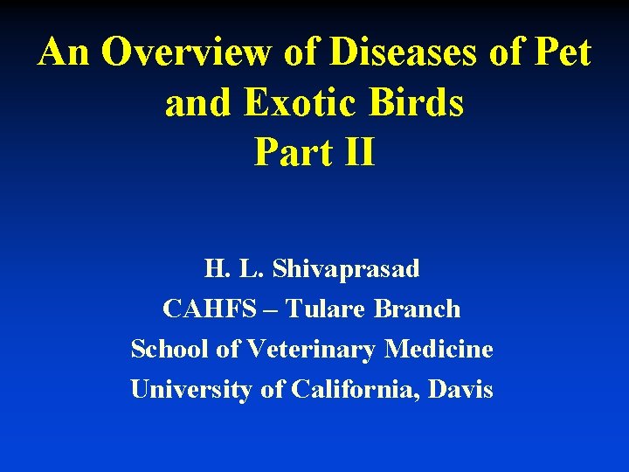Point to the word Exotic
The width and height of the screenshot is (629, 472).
292,103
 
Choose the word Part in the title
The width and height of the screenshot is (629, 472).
287,152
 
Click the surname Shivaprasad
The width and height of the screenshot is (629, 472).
346,268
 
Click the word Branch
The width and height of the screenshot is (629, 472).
418,309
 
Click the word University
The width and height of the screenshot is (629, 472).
192,390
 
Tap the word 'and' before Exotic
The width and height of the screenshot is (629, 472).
198,103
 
